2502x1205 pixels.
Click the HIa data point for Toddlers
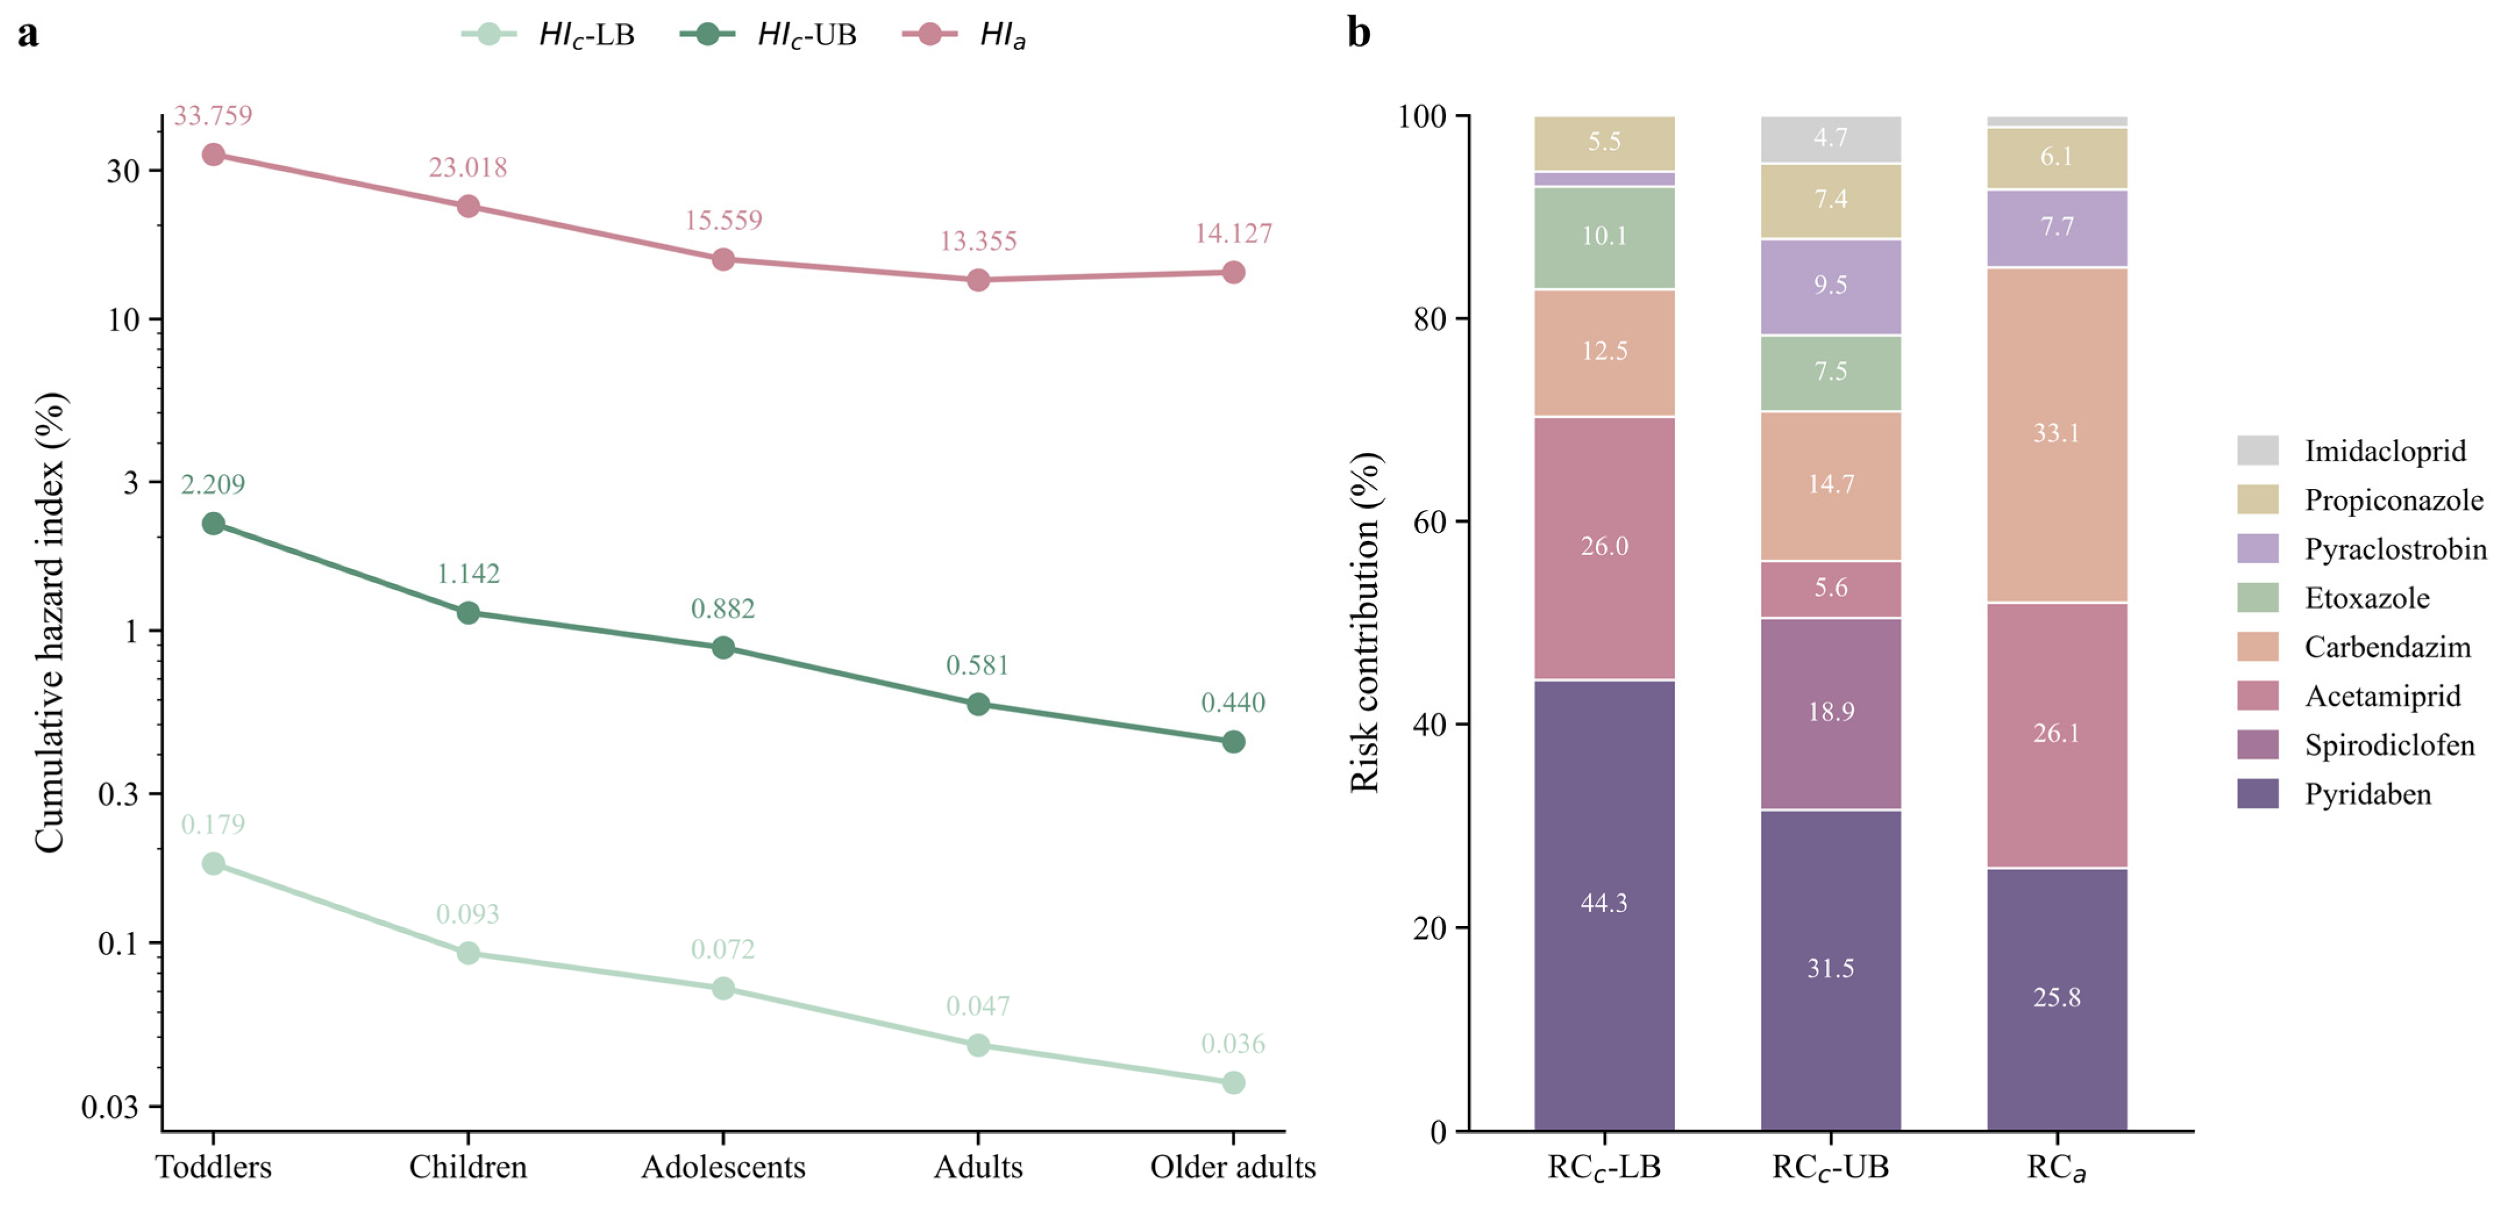[x=213, y=155]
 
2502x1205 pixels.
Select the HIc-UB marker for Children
[x=468, y=613]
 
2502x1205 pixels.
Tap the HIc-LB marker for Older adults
[x=1234, y=1083]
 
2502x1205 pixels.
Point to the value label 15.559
[x=723, y=220]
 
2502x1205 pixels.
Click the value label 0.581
[x=978, y=665]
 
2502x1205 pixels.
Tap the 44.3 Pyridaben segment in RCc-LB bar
[x=1605, y=905]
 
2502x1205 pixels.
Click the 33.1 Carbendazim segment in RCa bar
[x=2057, y=435]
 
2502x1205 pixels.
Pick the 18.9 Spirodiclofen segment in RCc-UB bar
[x=1831, y=714]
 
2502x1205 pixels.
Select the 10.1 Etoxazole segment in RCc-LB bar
[x=1605, y=238]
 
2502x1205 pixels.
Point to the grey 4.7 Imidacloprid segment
[x=1831, y=139]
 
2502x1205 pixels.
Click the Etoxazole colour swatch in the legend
[x=2257, y=598]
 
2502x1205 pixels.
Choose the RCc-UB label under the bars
[x=1831, y=1167]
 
